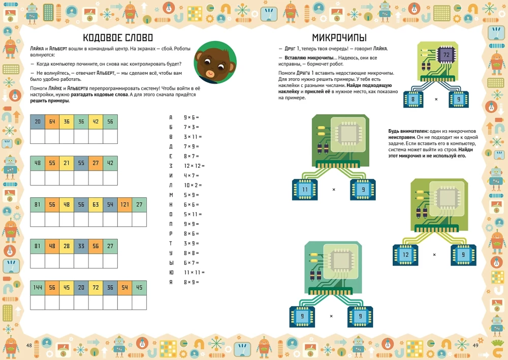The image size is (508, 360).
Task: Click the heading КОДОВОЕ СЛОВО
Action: [117, 38]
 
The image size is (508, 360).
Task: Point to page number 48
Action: [29, 346]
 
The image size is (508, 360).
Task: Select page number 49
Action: [475, 346]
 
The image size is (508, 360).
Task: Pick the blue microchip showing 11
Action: [305, 190]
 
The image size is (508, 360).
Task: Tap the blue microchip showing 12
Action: [405, 255]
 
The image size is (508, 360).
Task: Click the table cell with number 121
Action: [125, 205]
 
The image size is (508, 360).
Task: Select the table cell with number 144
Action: [38, 288]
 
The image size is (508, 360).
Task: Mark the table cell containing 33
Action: [81, 246]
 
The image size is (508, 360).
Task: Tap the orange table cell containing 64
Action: [52, 122]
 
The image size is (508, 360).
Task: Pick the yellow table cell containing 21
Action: [67, 163]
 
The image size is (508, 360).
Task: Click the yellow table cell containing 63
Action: [96, 205]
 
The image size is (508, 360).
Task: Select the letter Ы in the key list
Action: [171, 263]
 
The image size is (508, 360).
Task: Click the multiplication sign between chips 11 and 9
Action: [334, 190]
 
